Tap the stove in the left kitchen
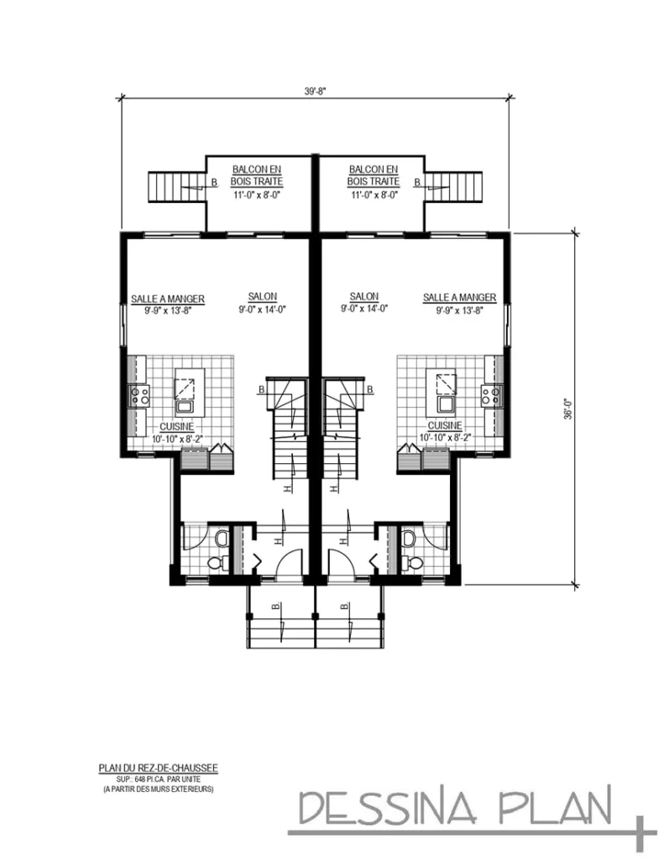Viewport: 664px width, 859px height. point(139,395)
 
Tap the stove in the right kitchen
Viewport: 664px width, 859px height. point(490,395)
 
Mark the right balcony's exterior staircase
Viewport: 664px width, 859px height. point(457,186)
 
